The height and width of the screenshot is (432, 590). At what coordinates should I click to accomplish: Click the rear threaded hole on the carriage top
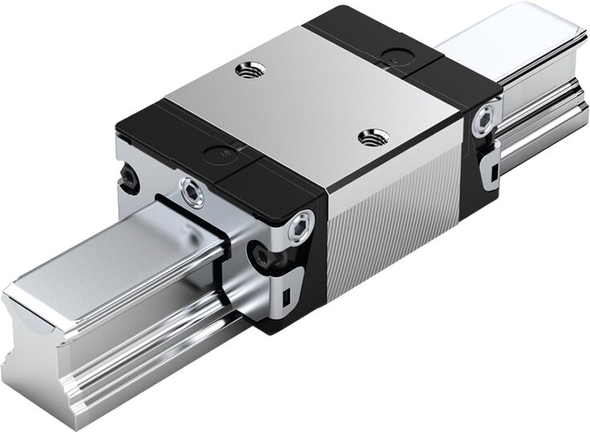coord(248,70)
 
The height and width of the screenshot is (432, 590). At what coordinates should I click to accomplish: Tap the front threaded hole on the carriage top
coord(371,137)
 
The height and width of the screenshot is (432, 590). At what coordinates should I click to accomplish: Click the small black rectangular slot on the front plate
coord(287,300)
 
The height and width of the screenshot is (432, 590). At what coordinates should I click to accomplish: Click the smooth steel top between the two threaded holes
coord(309,104)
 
